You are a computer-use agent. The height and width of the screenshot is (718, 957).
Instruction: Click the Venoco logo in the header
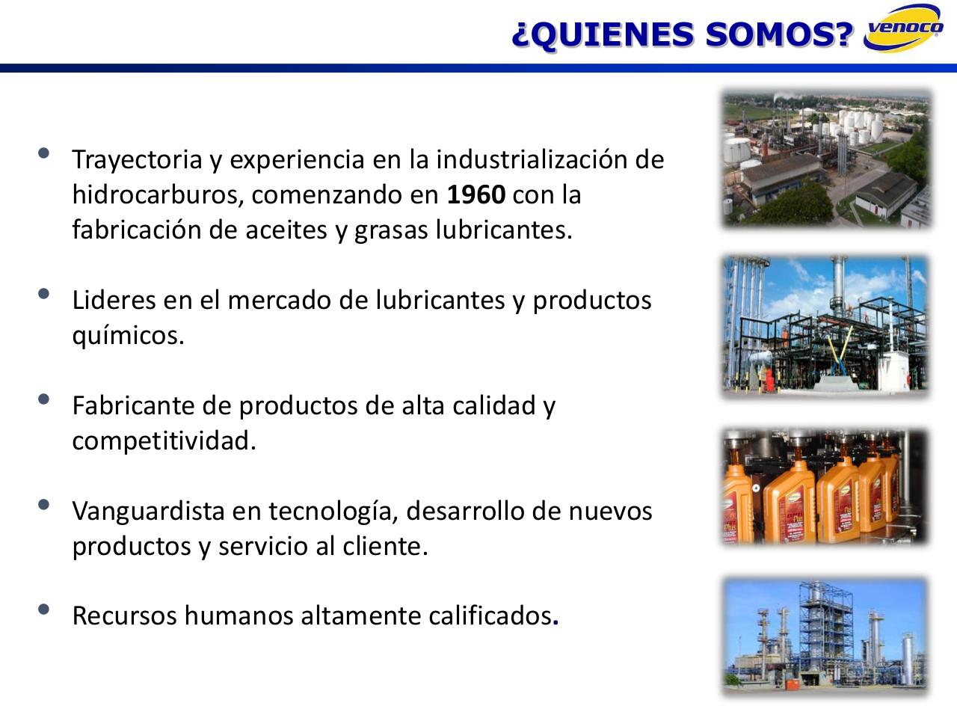point(903,30)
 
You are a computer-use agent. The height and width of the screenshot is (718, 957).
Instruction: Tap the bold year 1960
point(476,195)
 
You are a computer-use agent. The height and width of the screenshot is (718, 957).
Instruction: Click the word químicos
point(127,336)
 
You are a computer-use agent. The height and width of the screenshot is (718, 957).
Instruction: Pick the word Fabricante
point(133,405)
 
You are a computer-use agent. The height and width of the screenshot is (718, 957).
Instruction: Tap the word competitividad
point(164,441)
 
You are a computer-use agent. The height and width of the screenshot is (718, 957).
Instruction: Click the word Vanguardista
point(148,511)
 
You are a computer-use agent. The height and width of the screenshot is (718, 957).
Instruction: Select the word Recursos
point(124,616)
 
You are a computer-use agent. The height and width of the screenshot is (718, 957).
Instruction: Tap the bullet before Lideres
point(43,294)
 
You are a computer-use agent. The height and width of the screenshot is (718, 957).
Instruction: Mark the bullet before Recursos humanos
point(43,610)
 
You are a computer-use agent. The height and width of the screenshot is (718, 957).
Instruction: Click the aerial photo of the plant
point(827,159)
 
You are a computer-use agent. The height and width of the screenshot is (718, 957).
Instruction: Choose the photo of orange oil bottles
point(825,486)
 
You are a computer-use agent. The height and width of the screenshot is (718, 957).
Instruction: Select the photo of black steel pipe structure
point(825,325)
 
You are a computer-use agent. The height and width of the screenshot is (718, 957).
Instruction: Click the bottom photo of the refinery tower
point(825,635)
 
